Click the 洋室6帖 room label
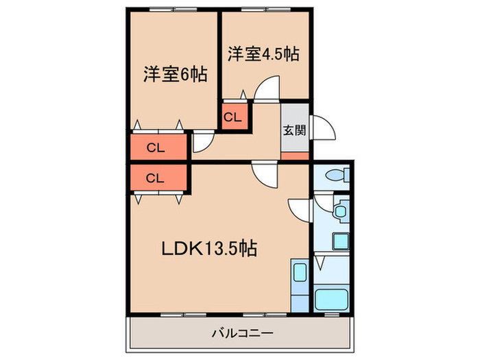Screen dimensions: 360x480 pyautogui.click(x=176, y=74)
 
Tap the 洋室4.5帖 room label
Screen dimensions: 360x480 pyautogui.click(x=264, y=53)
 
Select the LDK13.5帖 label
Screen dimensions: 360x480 pyautogui.click(x=208, y=248)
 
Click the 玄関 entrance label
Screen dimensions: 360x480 pyautogui.click(x=295, y=131)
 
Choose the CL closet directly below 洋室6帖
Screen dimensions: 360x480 pyautogui.click(x=156, y=147)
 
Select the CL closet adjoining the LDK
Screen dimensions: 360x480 pyautogui.click(x=156, y=178)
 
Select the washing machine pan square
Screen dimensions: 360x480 pyautogui.click(x=339, y=241)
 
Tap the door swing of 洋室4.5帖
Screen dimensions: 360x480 pyautogui.click(x=265, y=88)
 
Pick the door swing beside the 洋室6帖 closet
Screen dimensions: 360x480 pyautogui.click(x=202, y=143)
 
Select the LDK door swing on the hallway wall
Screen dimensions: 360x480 pyautogui.click(x=265, y=173)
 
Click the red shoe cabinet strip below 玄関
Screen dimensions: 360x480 pyautogui.click(x=295, y=155)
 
